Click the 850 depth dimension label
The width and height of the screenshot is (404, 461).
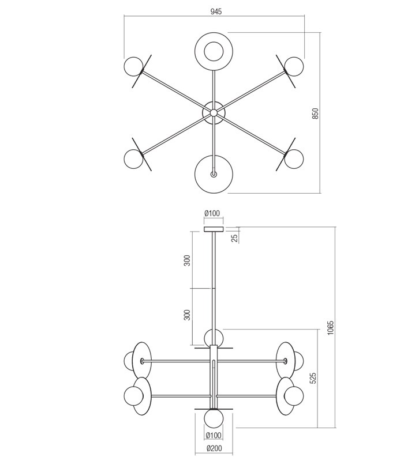tap(315, 113)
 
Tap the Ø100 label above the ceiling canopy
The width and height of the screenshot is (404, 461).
tap(212, 214)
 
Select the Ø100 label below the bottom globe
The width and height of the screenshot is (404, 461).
tap(213, 435)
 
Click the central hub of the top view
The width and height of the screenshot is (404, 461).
tap(214, 113)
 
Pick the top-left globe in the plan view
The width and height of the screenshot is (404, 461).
tap(134, 66)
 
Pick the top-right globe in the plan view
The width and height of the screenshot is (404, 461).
tap(294, 66)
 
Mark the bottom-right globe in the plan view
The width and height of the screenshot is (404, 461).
tap(294, 158)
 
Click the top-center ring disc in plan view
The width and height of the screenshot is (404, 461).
tap(214, 51)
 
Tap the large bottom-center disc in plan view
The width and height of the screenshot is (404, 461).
tap(214, 174)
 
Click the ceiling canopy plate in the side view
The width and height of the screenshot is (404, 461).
tap(213, 229)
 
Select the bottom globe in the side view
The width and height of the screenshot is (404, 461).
tap(213, 417)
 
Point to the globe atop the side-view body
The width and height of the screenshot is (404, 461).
tap(213, 337)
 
